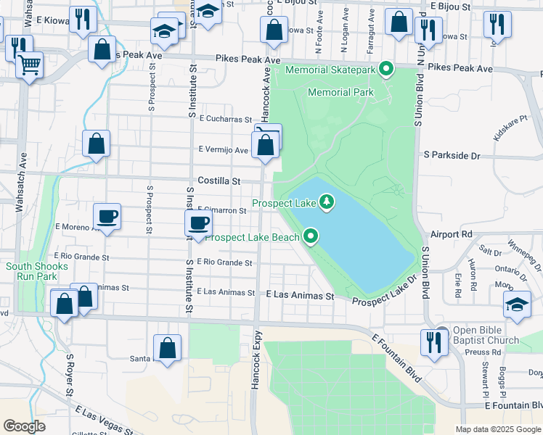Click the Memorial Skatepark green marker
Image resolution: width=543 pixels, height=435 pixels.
coord(387,70)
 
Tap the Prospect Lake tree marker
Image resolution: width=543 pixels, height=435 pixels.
coord(327,202)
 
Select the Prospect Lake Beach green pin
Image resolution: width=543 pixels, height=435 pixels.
coord(311,236)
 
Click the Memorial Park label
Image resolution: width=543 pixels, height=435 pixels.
coord(340,92)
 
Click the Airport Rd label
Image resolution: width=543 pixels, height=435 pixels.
coord(451,234)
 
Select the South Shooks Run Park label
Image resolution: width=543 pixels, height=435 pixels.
coord(37,271)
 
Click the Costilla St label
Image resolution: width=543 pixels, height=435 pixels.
coord(219,181)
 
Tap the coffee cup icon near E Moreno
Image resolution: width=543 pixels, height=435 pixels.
coord(107,216)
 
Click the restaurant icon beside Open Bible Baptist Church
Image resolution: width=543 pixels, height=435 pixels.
coord(434,341)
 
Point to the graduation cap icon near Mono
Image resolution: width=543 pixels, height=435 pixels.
coord(518,304)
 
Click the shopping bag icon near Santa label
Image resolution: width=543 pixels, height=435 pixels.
coord(168,347)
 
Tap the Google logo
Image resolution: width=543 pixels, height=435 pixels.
coord(25,426)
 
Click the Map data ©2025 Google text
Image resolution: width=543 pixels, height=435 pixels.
coord(497,429)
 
